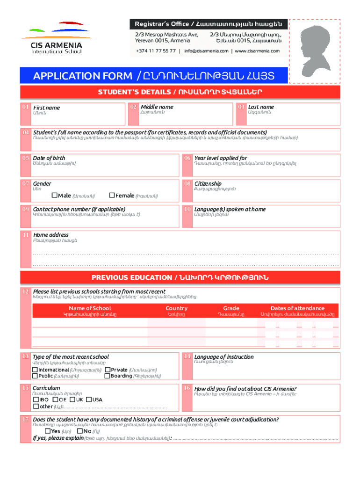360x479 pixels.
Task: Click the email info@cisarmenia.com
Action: tap(206, 51)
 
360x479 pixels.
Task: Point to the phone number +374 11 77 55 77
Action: tap(156, 51)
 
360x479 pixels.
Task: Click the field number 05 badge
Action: tap(25, 158)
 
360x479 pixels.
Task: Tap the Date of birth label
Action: tap(49, 158)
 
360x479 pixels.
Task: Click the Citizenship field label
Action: tap(208, 184)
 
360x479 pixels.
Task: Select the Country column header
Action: tap(176, 308)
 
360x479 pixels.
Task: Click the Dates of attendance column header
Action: tap(297, 308)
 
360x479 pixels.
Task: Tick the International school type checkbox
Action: tap(35, 370)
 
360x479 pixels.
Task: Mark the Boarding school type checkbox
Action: tap(108, 376)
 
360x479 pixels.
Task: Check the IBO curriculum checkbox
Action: tap(36, 400)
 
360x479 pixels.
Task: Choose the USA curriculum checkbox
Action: tap(89, 400)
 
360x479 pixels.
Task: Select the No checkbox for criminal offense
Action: tap(80, 431)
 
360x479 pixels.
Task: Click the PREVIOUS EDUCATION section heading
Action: tap(180, 278)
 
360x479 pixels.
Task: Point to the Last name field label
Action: tap(261, 107)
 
